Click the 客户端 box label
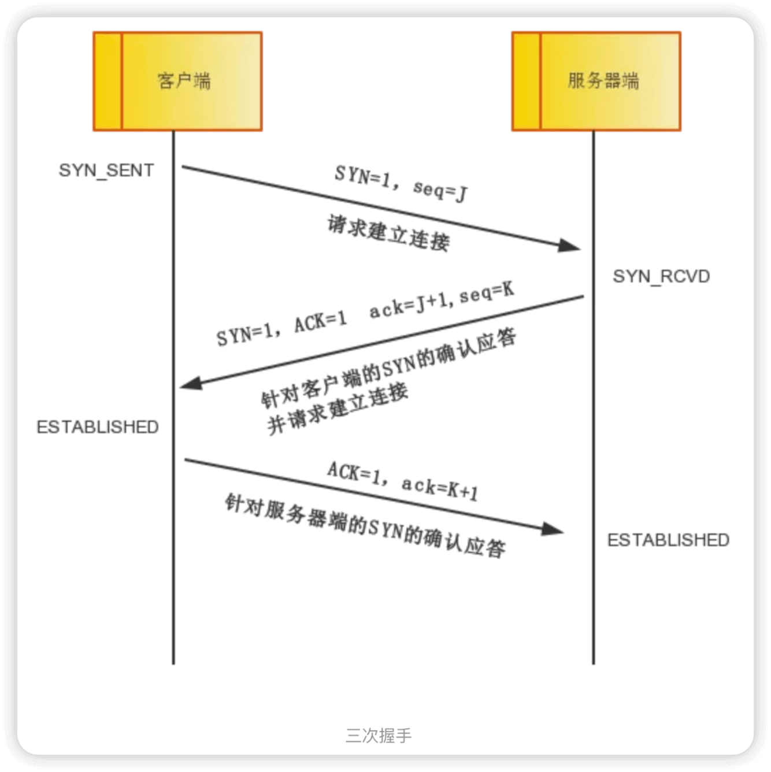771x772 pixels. point(184,80)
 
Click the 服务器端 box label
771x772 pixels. point(603,80)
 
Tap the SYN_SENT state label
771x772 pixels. point(106,170)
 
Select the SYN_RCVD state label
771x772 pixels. point(661,276)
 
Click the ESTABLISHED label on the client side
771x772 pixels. point(98,427)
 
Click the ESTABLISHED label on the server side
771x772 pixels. point(668,540)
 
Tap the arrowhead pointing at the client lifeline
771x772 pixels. point(191,383)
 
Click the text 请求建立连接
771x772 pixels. point(388,233)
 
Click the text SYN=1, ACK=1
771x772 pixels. point(281,328)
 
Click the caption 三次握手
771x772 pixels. point(379,736)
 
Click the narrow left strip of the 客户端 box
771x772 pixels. point(108,81)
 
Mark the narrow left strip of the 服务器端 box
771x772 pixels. point(527,81)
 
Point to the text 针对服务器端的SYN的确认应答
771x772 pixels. point(365,525)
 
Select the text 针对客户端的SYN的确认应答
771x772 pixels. point(388,368)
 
